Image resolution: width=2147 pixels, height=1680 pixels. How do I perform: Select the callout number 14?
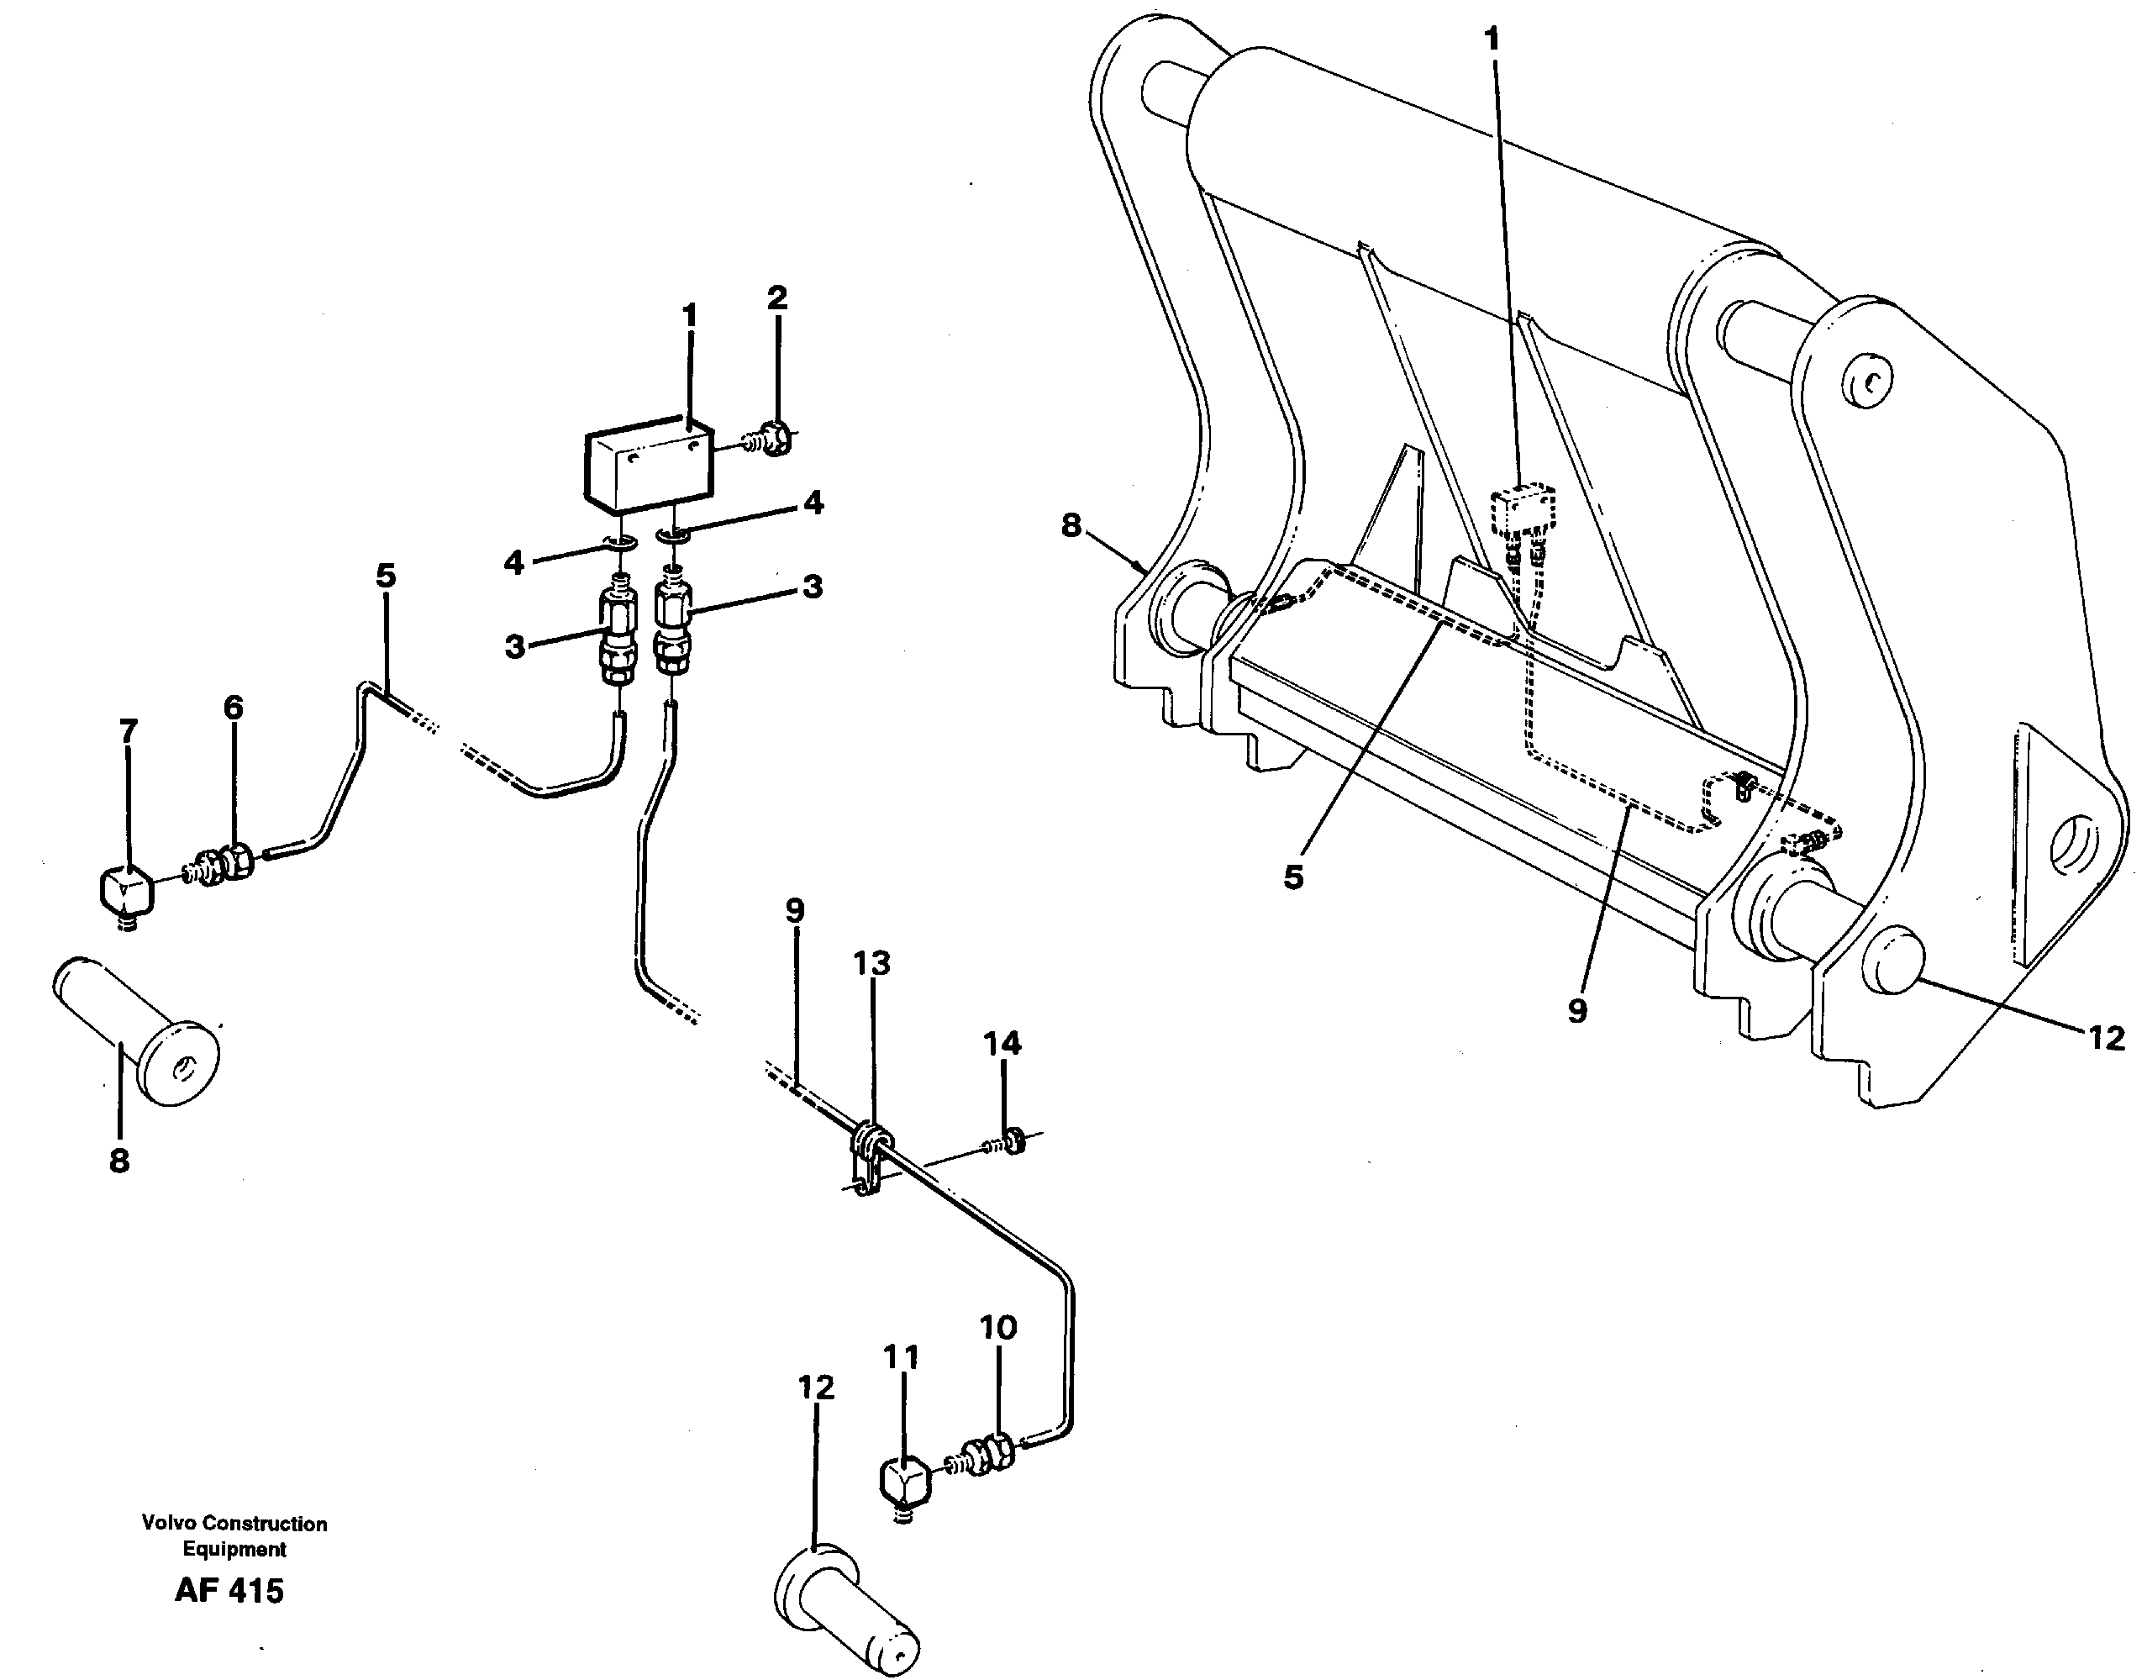(1002, 1043)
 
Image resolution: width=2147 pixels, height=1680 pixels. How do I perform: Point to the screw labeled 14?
(1009, 1143)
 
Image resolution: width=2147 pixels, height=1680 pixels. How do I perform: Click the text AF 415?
(229, 1590)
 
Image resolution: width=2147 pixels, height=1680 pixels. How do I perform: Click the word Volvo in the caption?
(162, 1524)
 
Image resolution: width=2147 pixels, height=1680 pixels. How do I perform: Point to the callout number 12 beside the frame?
(2105, 1038)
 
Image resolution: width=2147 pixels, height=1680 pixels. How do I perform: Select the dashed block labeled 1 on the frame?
(1523, 508)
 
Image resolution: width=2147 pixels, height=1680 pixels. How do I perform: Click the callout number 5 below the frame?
(1292, 877)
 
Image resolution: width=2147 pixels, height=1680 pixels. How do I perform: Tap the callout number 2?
(777, 298)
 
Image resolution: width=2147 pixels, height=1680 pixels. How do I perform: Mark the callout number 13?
(871, 964)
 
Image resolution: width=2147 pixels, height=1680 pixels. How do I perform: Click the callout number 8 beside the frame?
(1071, 526)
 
